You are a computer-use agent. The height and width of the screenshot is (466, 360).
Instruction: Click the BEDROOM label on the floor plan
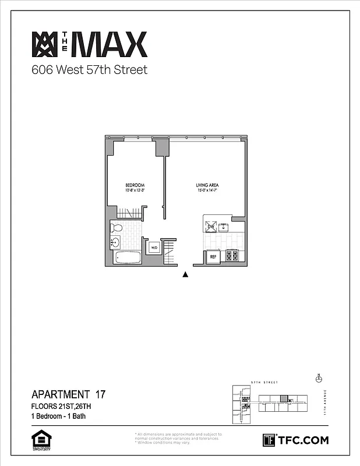coord(135,185)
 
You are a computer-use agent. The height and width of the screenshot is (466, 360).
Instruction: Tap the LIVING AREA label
coord(207,185)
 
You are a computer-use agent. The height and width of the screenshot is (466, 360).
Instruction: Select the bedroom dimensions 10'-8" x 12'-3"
coord(135,190)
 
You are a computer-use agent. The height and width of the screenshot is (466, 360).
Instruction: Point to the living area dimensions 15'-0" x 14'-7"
coord(207,190)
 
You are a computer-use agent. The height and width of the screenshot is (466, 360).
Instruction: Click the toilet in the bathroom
coord(117,228)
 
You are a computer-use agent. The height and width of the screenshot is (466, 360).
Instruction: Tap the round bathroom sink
coord(115,242)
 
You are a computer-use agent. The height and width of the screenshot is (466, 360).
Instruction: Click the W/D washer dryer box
coord(154,248)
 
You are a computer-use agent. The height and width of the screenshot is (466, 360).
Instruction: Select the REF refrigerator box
coord(213,256)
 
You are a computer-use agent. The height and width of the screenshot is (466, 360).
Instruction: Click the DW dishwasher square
coord(211,225)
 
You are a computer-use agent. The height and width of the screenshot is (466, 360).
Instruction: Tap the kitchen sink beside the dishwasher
coord(223,226)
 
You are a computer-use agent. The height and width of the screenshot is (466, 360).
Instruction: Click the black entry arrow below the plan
coord(185,275)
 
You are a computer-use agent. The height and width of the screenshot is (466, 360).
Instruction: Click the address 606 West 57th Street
coord(89,71)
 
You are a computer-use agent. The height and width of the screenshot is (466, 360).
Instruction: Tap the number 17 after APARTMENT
coord(100,394)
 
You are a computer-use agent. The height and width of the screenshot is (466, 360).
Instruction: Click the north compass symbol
coord(318,379)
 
